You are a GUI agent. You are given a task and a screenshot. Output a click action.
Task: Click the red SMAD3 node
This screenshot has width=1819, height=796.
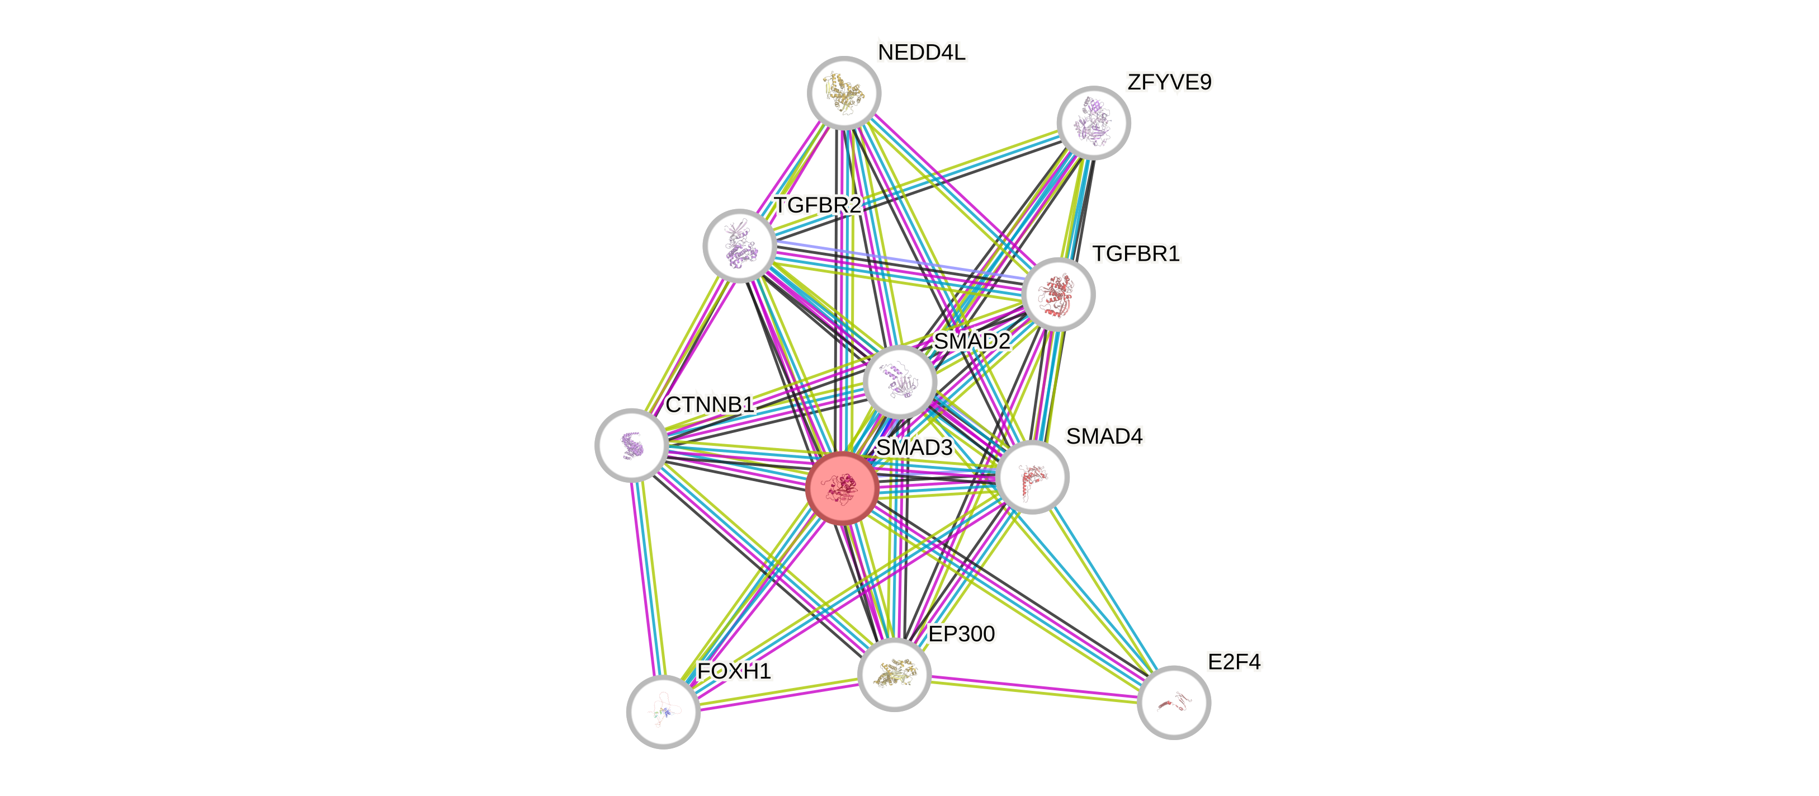click(x=843, y=488)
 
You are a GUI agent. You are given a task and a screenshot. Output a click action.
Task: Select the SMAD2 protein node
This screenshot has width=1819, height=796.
click(x=900, y=382)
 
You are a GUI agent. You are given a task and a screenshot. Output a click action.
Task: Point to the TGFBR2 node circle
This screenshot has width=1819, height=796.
click(x=739, y=245)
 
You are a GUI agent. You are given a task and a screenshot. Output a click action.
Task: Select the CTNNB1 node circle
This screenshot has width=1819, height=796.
click(x=631, y=445)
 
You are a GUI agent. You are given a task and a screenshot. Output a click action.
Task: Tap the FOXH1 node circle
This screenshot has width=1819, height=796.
click(x=663, y=711)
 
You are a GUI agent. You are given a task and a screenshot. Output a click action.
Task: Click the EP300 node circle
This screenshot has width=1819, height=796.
click(x=894, y=674)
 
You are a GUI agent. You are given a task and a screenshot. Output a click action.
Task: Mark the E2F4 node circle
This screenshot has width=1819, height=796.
click(x=1174, y=702)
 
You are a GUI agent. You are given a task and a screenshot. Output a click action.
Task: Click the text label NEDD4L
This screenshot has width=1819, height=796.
click(x=922, y=52)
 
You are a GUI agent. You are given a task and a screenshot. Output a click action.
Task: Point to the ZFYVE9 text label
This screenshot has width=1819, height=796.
click(x=1169, y=83)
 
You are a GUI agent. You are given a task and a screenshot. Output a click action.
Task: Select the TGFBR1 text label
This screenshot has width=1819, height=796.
click(x=1136, y=253)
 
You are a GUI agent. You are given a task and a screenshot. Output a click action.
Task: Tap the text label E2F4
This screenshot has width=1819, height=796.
click(x=1234, y=662)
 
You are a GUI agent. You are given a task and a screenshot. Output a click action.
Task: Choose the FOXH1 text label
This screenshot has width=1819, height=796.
click(x=734, y=671)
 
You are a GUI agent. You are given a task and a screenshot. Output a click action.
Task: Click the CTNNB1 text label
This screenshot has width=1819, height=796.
click(x=710, y=404)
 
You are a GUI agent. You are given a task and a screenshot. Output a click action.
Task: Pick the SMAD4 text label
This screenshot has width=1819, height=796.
click(x=1104, y=436)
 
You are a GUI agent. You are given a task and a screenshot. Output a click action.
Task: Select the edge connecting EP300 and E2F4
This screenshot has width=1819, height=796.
click(x=1034, y=688)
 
